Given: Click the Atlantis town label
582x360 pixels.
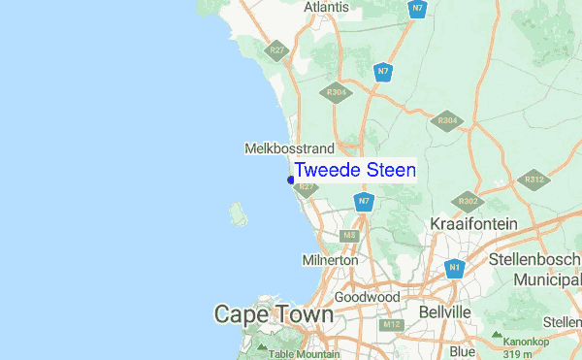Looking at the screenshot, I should (x=326, y=7).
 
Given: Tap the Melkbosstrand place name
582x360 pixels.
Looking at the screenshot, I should (x=289, y=148).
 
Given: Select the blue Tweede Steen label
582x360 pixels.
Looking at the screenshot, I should (x=355, y=171).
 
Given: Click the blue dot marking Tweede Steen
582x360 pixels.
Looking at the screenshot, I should (x=291, y=180).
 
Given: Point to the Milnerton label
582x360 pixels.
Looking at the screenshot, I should (x=330, y=260).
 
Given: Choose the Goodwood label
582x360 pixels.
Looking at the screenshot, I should (x=367, y=296).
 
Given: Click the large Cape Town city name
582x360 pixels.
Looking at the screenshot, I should (x=274, y=314).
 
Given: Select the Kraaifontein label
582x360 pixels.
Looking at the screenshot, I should (x=474, y=224).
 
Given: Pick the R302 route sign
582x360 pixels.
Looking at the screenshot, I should (x=469, y=201).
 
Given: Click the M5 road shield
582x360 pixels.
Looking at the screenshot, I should (x=350, y=235).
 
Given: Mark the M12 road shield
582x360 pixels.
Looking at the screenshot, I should (x=392, y=324).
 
